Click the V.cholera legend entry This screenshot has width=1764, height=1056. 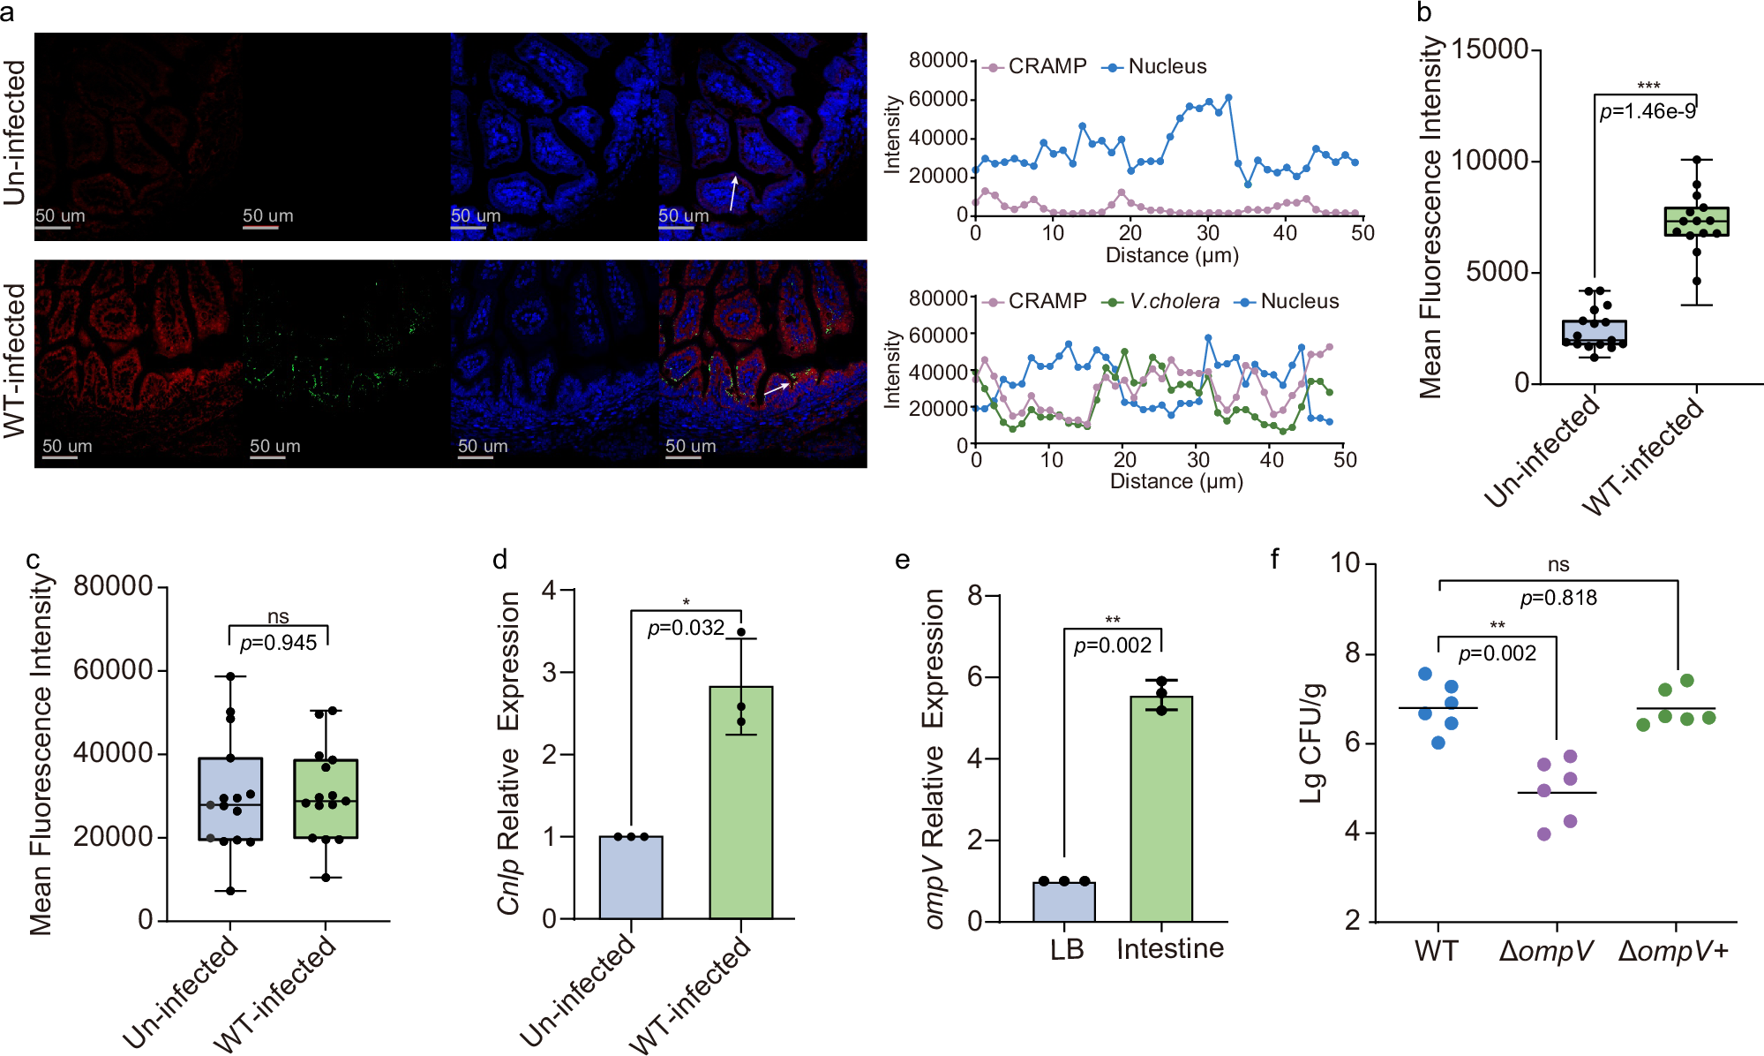pos(1162,302)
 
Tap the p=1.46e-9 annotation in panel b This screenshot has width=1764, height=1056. pos(1648,111)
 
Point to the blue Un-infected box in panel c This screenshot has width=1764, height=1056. pos(230,798)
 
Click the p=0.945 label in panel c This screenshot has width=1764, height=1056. pos(278,643)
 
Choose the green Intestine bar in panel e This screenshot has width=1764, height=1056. pos(1161,808)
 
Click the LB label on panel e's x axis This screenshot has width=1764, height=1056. pos(1066,949)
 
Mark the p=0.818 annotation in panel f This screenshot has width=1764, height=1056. pos(1558,598)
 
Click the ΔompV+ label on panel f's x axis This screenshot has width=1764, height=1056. pos(1673,952)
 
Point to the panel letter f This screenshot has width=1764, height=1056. pos(1274,558)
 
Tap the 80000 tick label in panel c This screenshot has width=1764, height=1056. pos(113,586)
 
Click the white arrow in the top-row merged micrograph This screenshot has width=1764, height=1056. pos(732,192)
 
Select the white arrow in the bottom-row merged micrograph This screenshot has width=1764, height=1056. pos(776,388)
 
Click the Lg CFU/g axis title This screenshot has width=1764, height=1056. pos(1312,743)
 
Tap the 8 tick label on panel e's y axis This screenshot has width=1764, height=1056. pos(975,595)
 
